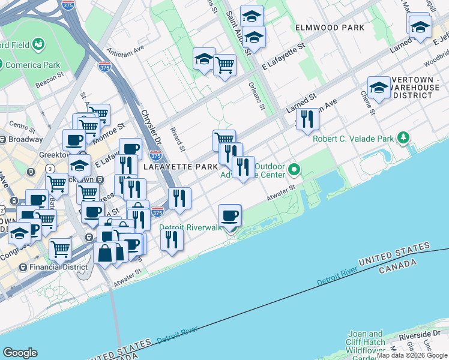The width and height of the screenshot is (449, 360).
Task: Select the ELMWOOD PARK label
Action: tap(330, 28)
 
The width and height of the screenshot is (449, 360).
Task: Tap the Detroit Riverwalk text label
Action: tap(190, 228)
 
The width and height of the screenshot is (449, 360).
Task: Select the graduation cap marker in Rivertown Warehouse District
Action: tap(379, 88)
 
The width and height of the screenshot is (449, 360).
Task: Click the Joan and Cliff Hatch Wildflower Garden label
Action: tap(367, 344)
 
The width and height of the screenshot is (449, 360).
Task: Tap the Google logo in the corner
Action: tap(20, 353)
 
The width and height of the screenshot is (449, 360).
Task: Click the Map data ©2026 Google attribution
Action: tap(412, 355)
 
